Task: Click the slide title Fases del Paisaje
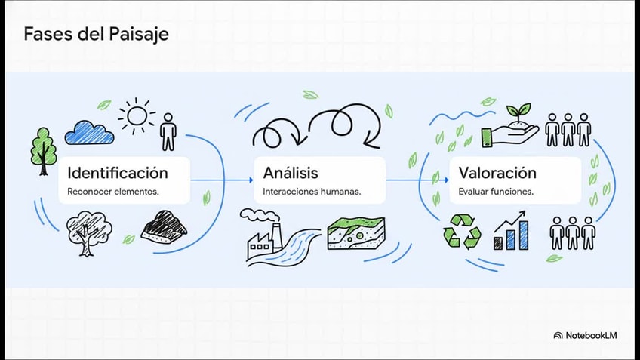pyautogui.click(x=96, y=34)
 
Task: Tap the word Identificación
pyautogui.click(x=118, y=173)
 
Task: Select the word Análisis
pyautogui.click(x=291, y=173)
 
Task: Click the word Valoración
pyautogui.click(x=497, y=173)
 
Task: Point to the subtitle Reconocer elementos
pyautogui.click(x=113, y=192)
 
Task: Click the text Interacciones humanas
pyautogui.click(x=312, y=192)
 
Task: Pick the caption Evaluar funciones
pyautogui.click(x=496, y=192)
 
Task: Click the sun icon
pyautogui.click(x=137, y=116)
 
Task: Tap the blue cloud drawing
pyautogui.click(x=89, y=133)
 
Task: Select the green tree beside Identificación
pyautogui.click(x=44, y=152)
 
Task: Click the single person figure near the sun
pyautogui.click(x=168, y=131)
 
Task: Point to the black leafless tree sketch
pyautogui.click(x=88, y=233)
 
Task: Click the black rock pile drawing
pyautogui.click(x=164, y=227)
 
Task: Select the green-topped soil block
pyautogui.click(x=356, y=233)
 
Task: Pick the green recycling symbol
pyautogui.click(x=462, y=232)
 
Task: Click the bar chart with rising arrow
pyautogui.click(x=511, y=230)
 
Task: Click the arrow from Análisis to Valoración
pyautogui.click(x=417, y=180)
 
